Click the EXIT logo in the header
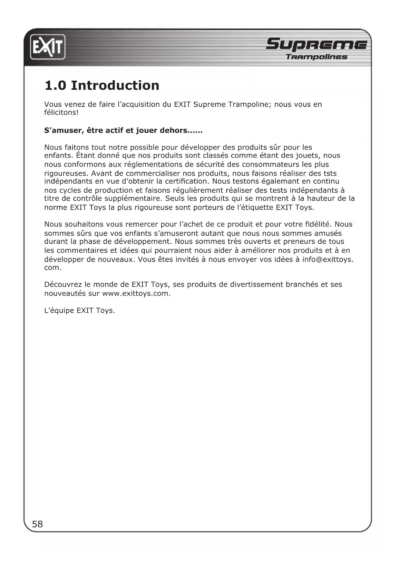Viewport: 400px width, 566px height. pyautogui.click(x=48, y=47)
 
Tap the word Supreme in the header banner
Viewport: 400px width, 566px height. pyautogui.click(x=316, y=44)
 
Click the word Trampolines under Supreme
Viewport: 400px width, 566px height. pyautogui.click(x=317, y=57)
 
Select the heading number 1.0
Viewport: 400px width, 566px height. pyautogui.click(x=55, y=86)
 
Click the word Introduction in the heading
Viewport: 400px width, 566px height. pyautogui.click(x=115, y=86)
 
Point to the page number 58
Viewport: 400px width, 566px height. pyautogui.click(x=37, y=524)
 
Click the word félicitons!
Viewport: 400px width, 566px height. pyautogui.click(x=61, y=113)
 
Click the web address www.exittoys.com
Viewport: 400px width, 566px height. pyautogui.click(x=136, y=294)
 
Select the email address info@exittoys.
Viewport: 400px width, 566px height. pyautogui.click(x=327, y=259)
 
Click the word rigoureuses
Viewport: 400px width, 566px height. pyautogui.click(x=66, y=173)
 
